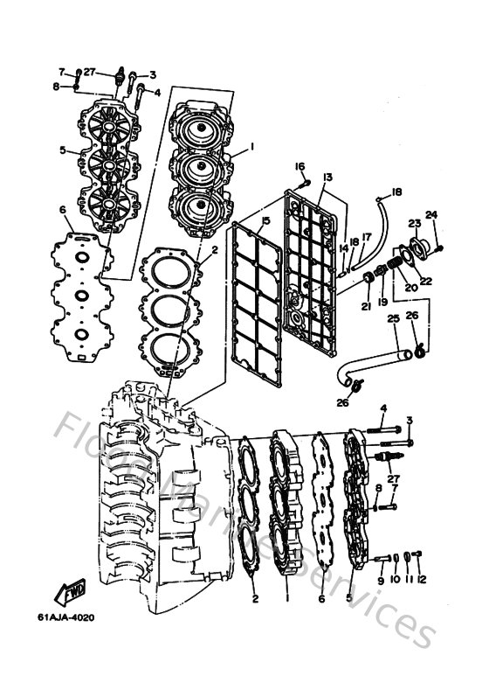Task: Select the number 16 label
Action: click(300, 166)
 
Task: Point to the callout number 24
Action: click(430, 214)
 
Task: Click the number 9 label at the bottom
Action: click(380, 580)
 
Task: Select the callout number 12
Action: click(422, 580)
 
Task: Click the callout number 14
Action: click(344, 247)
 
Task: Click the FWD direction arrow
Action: click(69, 596)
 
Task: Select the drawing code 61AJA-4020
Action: click(65, 617)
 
